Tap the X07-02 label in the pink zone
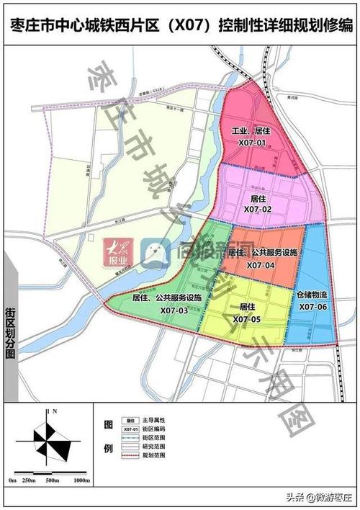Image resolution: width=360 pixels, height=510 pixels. (x=257, y=208)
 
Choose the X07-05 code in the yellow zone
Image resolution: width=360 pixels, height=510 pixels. (x=246, y=318)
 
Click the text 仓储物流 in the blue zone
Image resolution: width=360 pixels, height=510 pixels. (x=312, y=295)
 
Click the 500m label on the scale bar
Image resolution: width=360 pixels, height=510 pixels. (x=52, y=480)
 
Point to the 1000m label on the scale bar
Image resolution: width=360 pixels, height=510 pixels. (x=81, y=480)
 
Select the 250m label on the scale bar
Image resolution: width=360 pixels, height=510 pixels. (x=30, y=480)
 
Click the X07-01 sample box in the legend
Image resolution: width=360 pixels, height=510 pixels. (x=130, y=429)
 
